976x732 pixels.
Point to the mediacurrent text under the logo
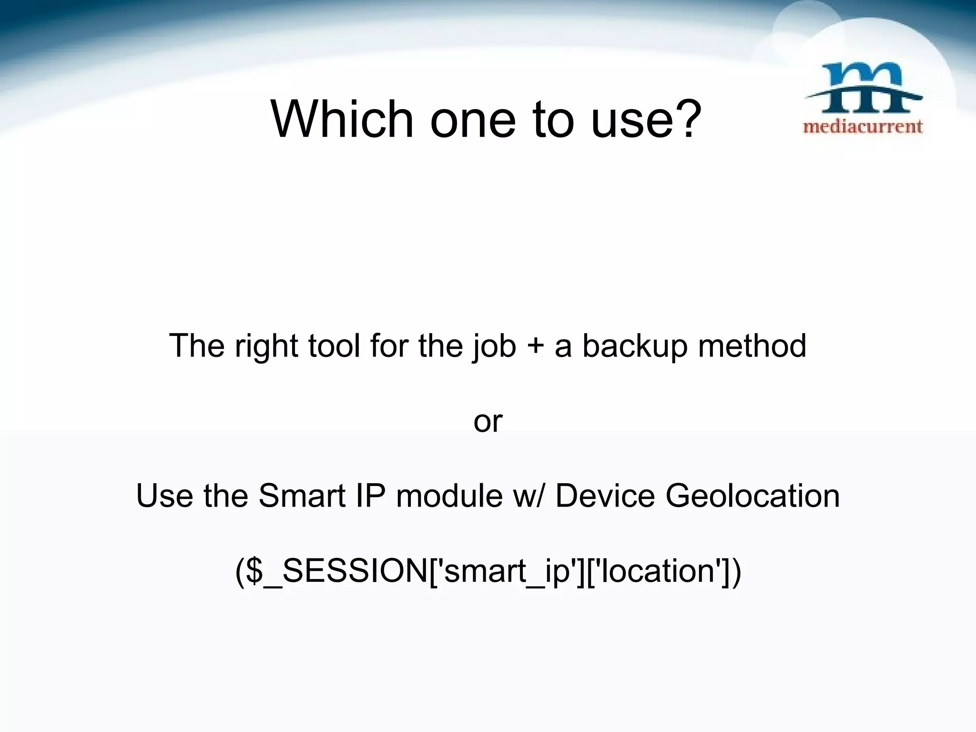pyautogui.click(x=863, y=127)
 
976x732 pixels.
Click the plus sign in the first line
pyautogui.click(x=536, y=346)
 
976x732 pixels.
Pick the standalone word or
pyautogui.click(x=488, y=422)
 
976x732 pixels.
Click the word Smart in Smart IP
pyautogui.click(x=302, y=496)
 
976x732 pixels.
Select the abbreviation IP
pyautogui.click(x=370, y=496)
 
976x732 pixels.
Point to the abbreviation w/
pyautogui.click(x=528, y=496)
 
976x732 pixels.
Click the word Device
pyautogui.click(x=605, y=496)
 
